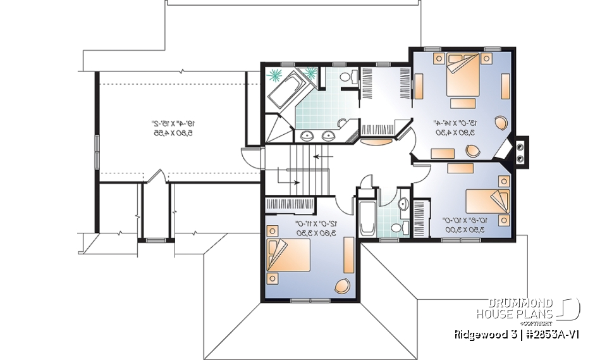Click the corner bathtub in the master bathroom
288,90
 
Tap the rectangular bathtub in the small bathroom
367,219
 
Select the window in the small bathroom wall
389,239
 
